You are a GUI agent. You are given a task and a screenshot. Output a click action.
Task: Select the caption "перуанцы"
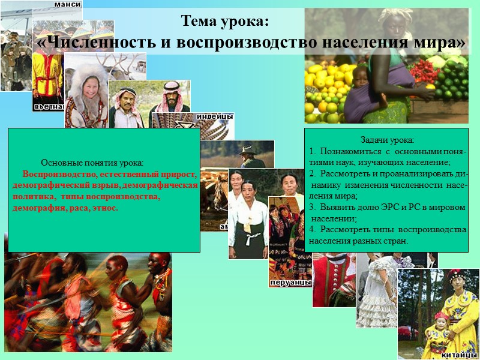pyautogui.click(x=290, y=281)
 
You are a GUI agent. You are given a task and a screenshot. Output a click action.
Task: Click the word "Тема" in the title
pyautogui.click(x=202, y=22)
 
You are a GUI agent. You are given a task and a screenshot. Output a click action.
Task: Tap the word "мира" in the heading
pyautogui.click(x=441, y=43)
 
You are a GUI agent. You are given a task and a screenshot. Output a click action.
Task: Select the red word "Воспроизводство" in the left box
pyautogui.click(x=59, y=174)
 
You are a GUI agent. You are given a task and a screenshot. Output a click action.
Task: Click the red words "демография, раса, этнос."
pyautogui.click(x=65, y=208)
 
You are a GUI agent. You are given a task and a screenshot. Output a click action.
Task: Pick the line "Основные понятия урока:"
pyautogui.click(x=92, y=163)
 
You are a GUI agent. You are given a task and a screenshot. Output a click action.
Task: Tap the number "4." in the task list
pyautogui.click(x=312, y=229)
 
